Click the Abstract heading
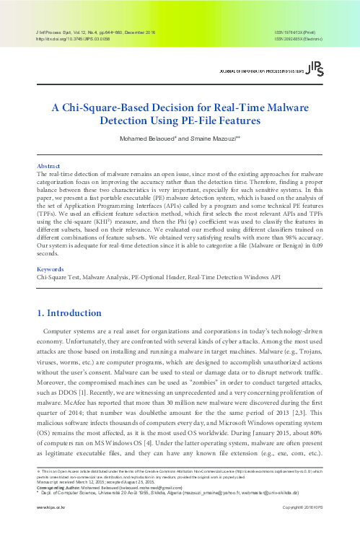pos(48,165)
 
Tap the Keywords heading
pos(50,246)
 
